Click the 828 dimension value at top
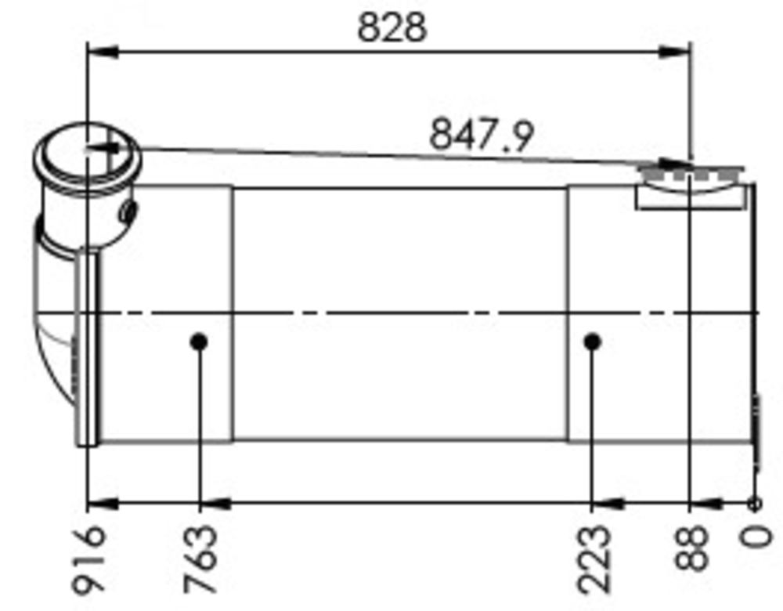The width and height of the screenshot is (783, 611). click(x=392, y=28)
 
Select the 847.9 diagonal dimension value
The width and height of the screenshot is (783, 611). click(x=481, y=134)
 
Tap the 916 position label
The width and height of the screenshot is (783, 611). click(x=88, y=559)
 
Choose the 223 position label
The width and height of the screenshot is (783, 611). click(x=593, y=559)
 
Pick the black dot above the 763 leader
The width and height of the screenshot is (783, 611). click(x=199, y=342)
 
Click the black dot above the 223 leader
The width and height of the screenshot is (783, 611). click(x=593, y=342)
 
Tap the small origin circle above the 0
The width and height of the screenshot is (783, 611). click(x=755, y=504)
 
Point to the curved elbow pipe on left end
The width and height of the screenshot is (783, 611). click(x=53, y=329)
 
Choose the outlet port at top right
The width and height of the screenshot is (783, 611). click(x=689, y=173)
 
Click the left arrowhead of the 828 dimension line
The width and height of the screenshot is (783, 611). click(x=102, y=52)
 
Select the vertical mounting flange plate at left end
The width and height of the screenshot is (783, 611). click(x=88, y=349)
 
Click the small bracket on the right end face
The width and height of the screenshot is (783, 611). click(x=756, y=431)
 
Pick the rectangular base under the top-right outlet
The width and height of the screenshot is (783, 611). click(x=689, y=198)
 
